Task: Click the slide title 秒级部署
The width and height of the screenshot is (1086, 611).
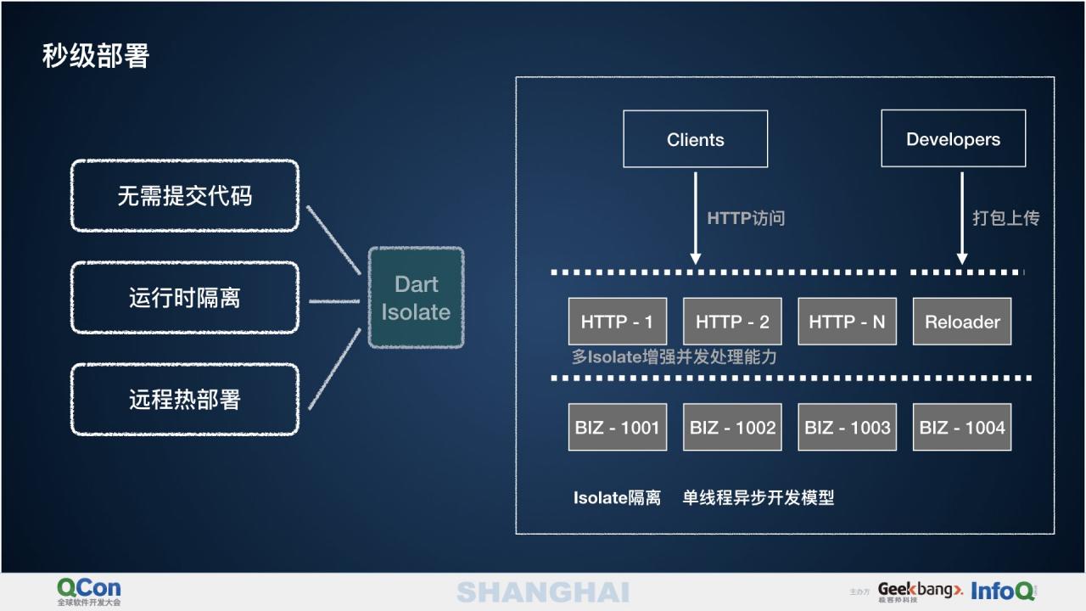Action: (96, 56)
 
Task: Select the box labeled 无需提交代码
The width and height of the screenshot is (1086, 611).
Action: (185, 196)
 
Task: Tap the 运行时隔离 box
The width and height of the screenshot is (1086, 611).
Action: (185, 298)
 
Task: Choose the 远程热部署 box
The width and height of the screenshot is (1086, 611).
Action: (185, 400)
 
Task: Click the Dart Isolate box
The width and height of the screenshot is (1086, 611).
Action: (416, 298)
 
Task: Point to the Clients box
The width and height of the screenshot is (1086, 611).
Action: (696, 139)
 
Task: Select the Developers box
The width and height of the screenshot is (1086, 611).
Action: (953, 139)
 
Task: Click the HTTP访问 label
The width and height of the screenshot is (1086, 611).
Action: (746, 218)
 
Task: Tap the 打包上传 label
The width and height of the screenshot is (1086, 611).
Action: (1005, 218)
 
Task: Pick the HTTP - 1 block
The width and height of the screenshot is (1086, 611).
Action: (617, 322)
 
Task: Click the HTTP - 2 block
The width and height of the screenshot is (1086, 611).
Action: (732, 322)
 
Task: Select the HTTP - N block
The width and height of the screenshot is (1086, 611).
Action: (847, 322)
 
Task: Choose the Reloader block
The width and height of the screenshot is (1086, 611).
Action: (962, 322)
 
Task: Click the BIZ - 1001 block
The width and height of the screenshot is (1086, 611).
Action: (617, 427)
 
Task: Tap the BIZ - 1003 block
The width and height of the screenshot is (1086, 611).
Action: (847, 427)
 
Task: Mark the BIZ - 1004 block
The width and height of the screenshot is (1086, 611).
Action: (962, 427)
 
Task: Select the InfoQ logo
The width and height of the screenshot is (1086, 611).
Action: (1003, 591)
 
